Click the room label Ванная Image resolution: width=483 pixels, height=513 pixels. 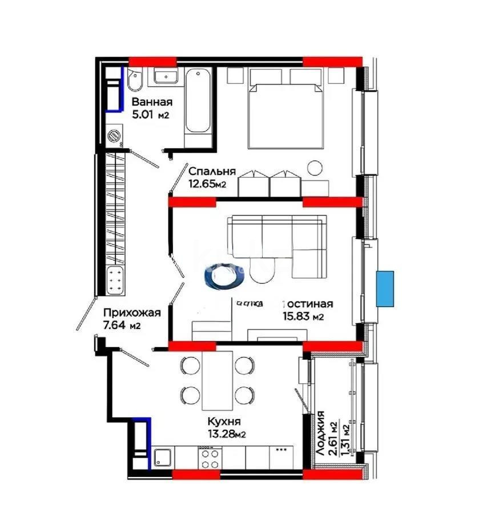click(152, 103)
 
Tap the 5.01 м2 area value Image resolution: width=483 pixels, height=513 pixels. click(151, 115)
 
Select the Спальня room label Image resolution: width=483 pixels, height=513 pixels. click(212, 171)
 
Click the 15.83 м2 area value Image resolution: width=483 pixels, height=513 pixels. click(303, 316)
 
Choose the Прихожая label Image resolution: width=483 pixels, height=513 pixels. click(132, 312)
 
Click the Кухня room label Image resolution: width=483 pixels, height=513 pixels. click(224, 422)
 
